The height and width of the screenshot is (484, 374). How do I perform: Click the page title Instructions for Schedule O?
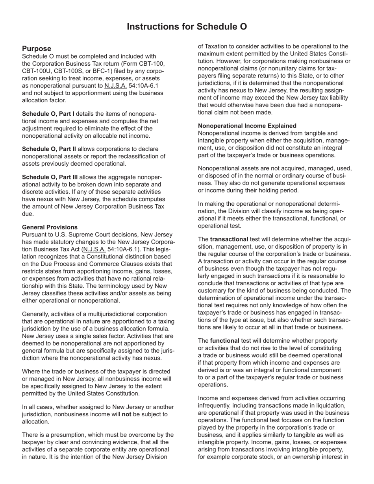(x=187, y=27)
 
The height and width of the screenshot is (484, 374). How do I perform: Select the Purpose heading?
(x=37, y=48)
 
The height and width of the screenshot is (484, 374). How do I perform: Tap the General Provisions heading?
(x=50, y=227)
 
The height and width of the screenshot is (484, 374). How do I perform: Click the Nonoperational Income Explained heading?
(x=247, y=126)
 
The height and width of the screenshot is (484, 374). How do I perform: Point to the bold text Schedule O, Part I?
(x=48, y=114)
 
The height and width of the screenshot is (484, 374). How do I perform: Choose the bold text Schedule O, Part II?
(x=49, y=149)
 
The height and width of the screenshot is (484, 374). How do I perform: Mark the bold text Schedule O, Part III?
(x=50, y=177)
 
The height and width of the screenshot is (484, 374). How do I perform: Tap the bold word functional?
(x=224, y=340)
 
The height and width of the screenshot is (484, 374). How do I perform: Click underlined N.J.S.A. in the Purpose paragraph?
(x=115, y=86)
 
